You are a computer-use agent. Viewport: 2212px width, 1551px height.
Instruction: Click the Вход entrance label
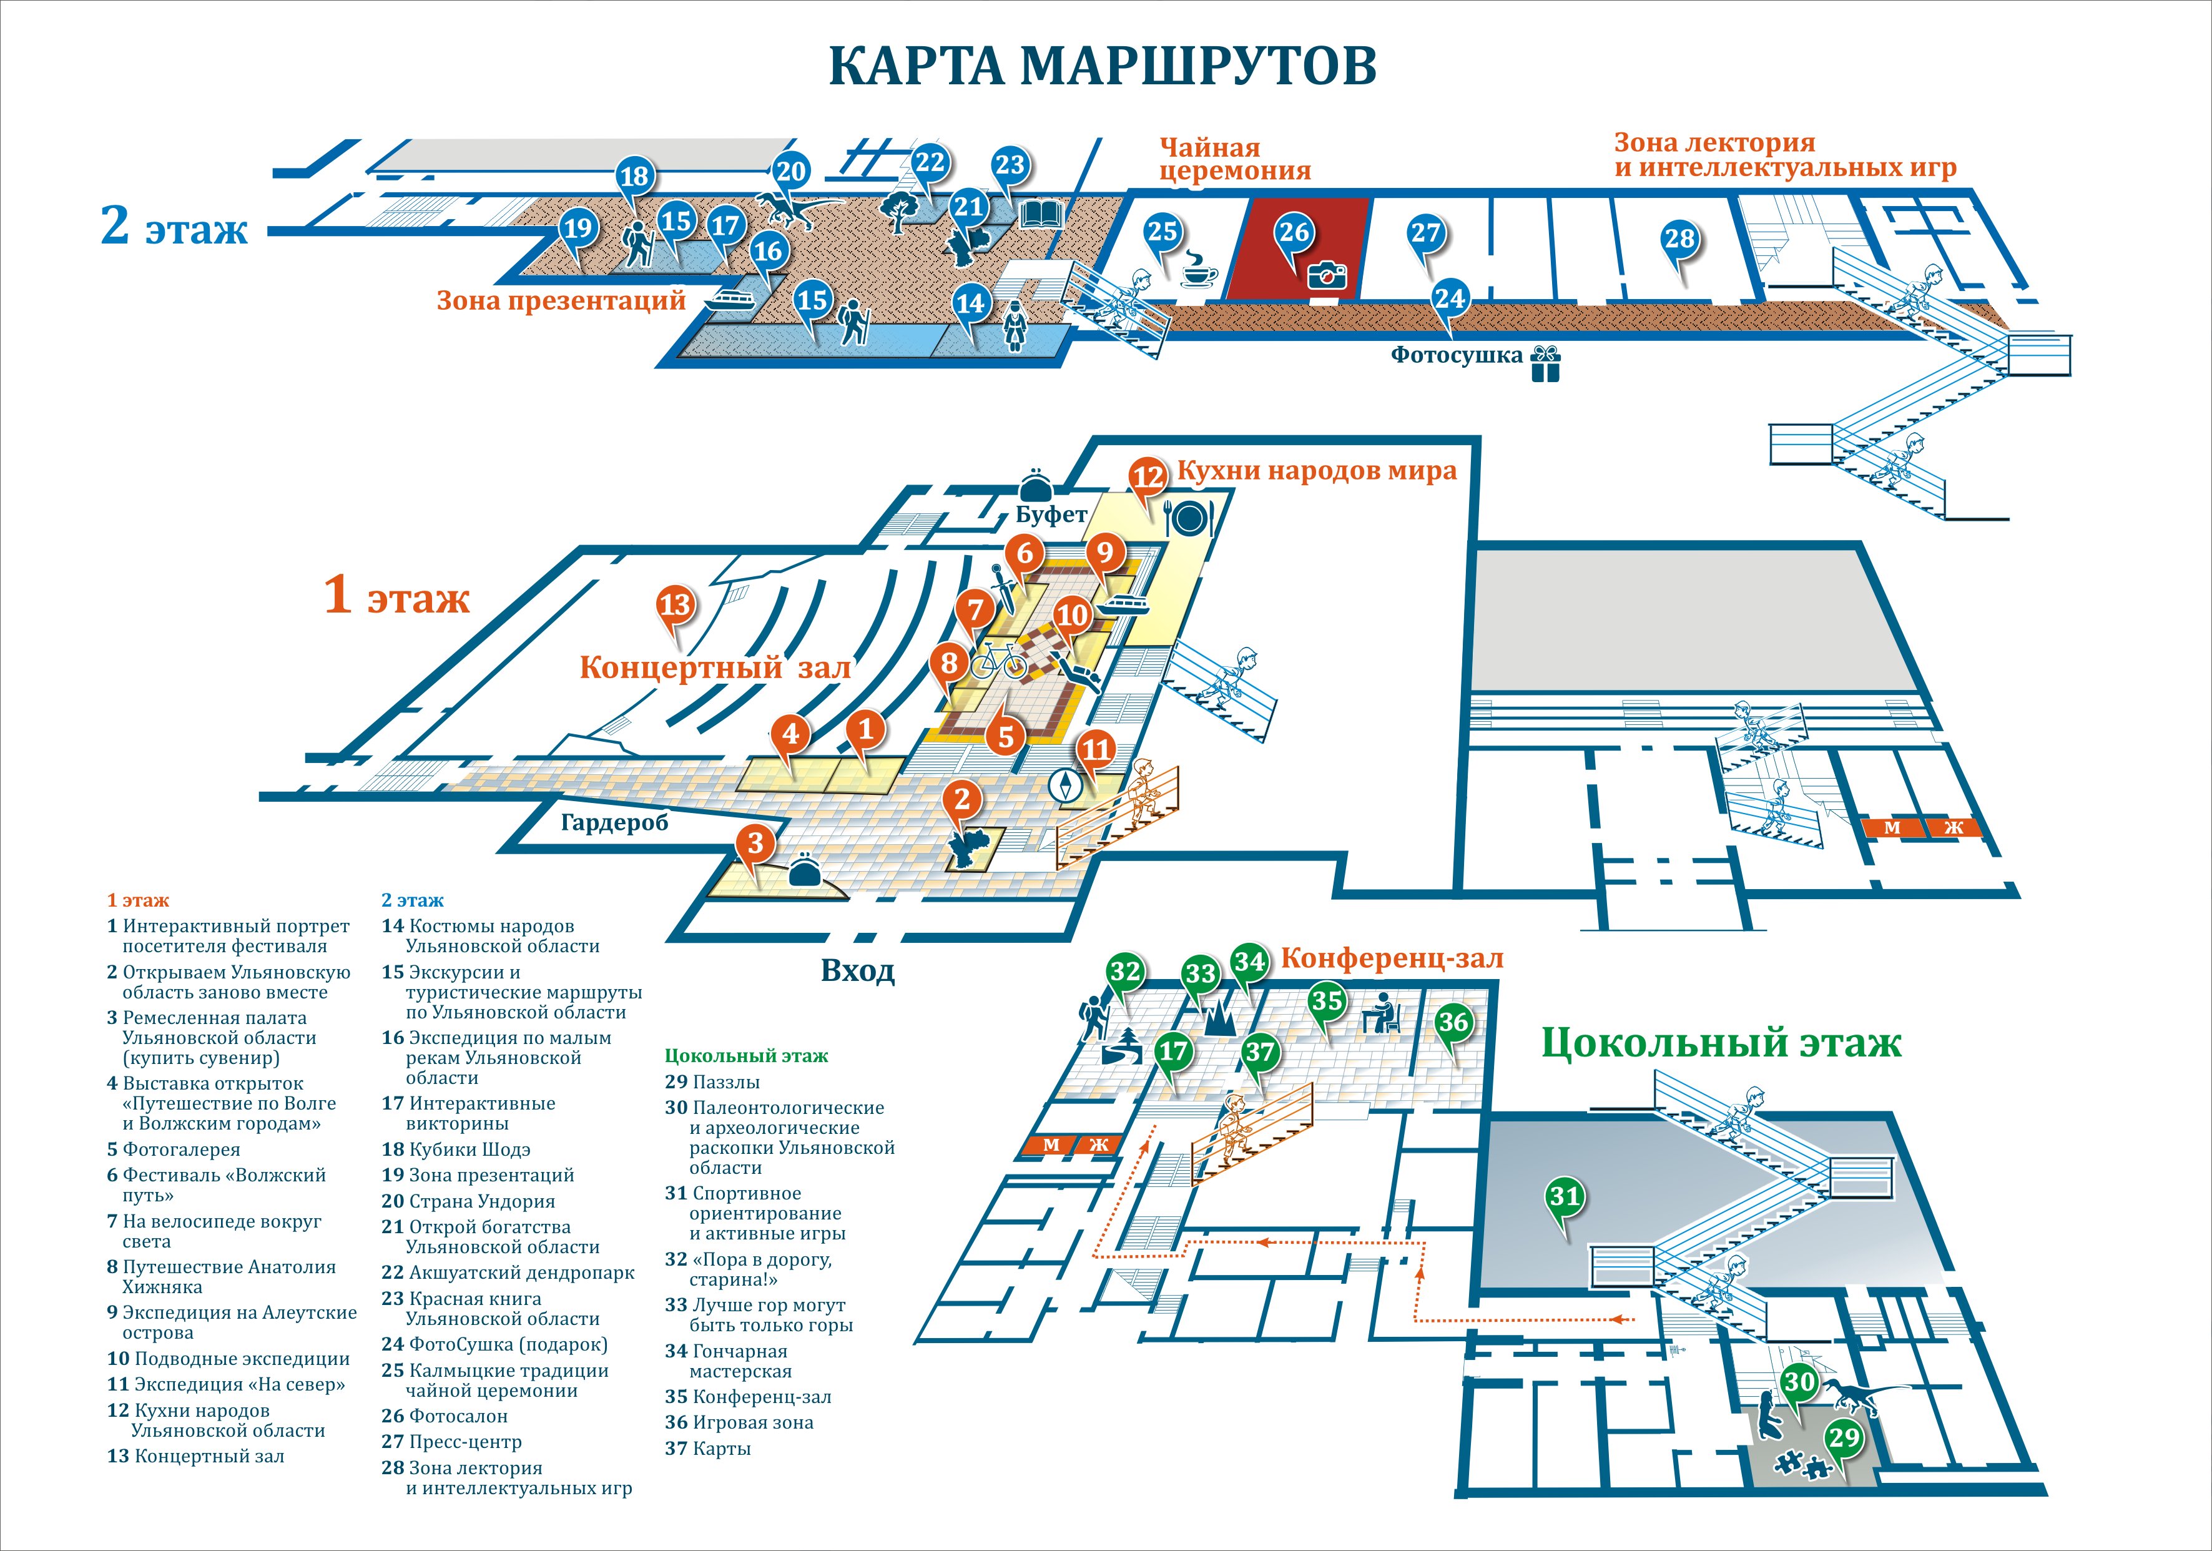point(857,970)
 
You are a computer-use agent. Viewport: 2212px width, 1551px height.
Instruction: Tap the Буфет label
point(1051,515)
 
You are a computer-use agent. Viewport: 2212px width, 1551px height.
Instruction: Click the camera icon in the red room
point(1327,275)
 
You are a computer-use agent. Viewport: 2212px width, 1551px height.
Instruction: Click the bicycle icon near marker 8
point(997,662)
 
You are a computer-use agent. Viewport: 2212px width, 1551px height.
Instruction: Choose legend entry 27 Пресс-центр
point(452,1442)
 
